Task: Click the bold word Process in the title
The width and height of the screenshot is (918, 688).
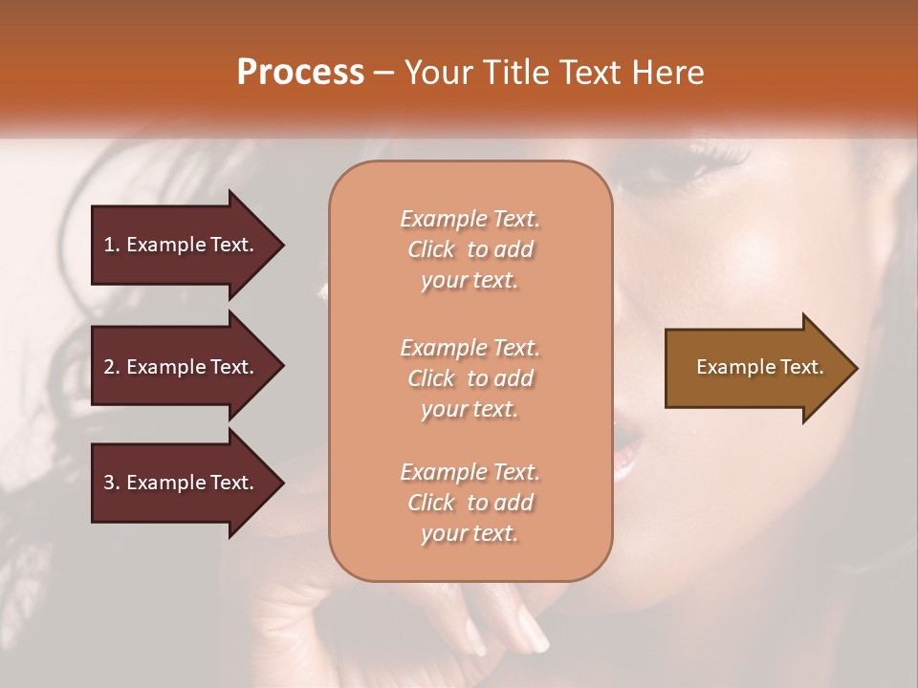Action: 300,73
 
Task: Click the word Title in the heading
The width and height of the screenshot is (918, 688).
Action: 517,73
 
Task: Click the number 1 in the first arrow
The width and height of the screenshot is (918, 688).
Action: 109,245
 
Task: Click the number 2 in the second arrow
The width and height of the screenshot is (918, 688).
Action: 109,367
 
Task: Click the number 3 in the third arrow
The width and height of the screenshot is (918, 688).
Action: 109,483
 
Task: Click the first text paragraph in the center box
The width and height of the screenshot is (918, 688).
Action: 470,249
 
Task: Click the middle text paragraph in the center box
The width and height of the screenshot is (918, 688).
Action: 470,378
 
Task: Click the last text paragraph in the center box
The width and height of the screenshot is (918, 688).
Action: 470,503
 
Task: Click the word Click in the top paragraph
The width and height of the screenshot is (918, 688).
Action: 431,249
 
